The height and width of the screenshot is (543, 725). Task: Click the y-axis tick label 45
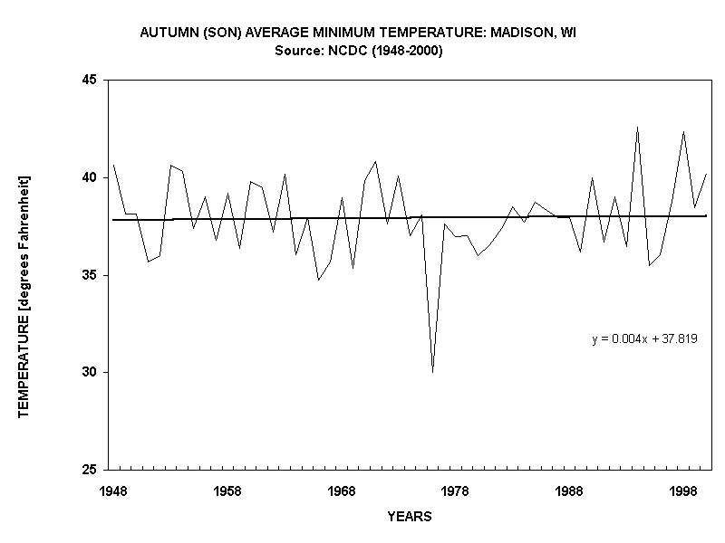pyautogui.click(x=91, y=80)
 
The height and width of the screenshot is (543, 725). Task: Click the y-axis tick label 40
pyautogui.click(x=91, y=177)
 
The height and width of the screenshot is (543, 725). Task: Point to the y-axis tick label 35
pyautogui.click(x=91, y=275)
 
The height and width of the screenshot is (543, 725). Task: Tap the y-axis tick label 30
pyautogui.click(x=91, y=373)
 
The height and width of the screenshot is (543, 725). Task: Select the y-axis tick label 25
pyautogui.click(x=91, y=470)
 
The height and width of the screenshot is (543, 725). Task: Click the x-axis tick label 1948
pyautogui.click(x=113, y=491)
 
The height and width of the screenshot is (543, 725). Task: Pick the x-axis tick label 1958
pyautogui.click(x=227, y=491)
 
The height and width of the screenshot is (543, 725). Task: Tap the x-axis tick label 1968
pyautogui.click(x=342, y=491)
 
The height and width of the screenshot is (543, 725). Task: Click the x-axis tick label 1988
pyautogui.click(x=569, y=491)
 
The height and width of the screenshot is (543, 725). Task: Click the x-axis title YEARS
pyautogui.click(x=410, y=518)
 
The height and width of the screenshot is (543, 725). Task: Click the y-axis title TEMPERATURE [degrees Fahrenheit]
pyautogui.click(x=24, y=296)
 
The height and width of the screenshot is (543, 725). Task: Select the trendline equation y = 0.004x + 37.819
pyautogui.click(x=644, y=339)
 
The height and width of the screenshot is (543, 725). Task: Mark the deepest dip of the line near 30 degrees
pyautogui.click(x=432, y=371)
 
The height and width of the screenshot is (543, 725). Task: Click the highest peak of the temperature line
pyautogui.click(x=637, y=128)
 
